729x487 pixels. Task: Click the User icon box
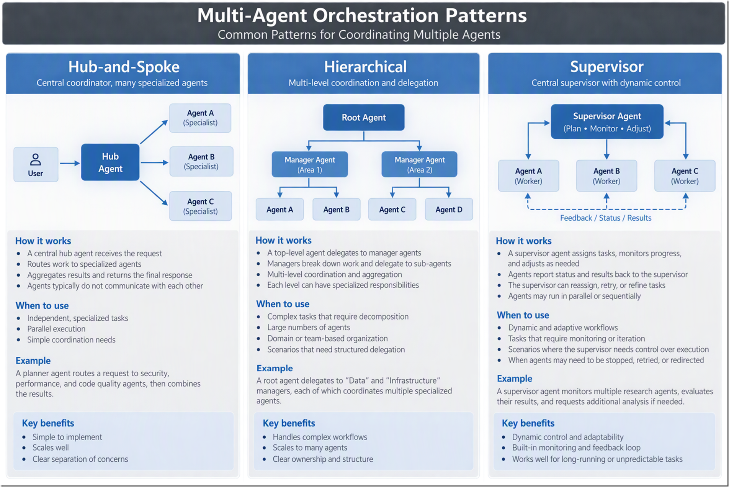pos(36,164)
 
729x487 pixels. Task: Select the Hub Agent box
pos(110,162)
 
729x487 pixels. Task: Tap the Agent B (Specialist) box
pos(201,161)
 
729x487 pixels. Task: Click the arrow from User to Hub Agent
pos(70,164)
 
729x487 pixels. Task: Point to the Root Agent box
pos(364,117)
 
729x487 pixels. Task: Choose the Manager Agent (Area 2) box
pos(419,164)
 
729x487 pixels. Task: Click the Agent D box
pos(449,209)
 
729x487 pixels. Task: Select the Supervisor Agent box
pos(607,121)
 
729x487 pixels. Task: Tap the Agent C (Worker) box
pos(685,176)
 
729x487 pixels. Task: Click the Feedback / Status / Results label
pos(606,218)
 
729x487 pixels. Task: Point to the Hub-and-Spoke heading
pos(124,67)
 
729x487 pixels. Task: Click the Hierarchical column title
pos(365,67)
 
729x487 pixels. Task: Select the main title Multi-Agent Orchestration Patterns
pos(362,15)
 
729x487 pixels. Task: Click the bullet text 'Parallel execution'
pos(56,329)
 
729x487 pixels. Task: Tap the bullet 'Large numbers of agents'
pos(309,327)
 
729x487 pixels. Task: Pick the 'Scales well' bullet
pos(51,448)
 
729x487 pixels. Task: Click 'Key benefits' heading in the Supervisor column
pos(528,423)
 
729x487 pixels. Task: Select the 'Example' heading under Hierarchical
pos(275,368)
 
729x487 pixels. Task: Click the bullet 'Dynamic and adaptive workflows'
pos(563,328)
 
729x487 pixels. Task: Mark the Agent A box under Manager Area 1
pos(280,209)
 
